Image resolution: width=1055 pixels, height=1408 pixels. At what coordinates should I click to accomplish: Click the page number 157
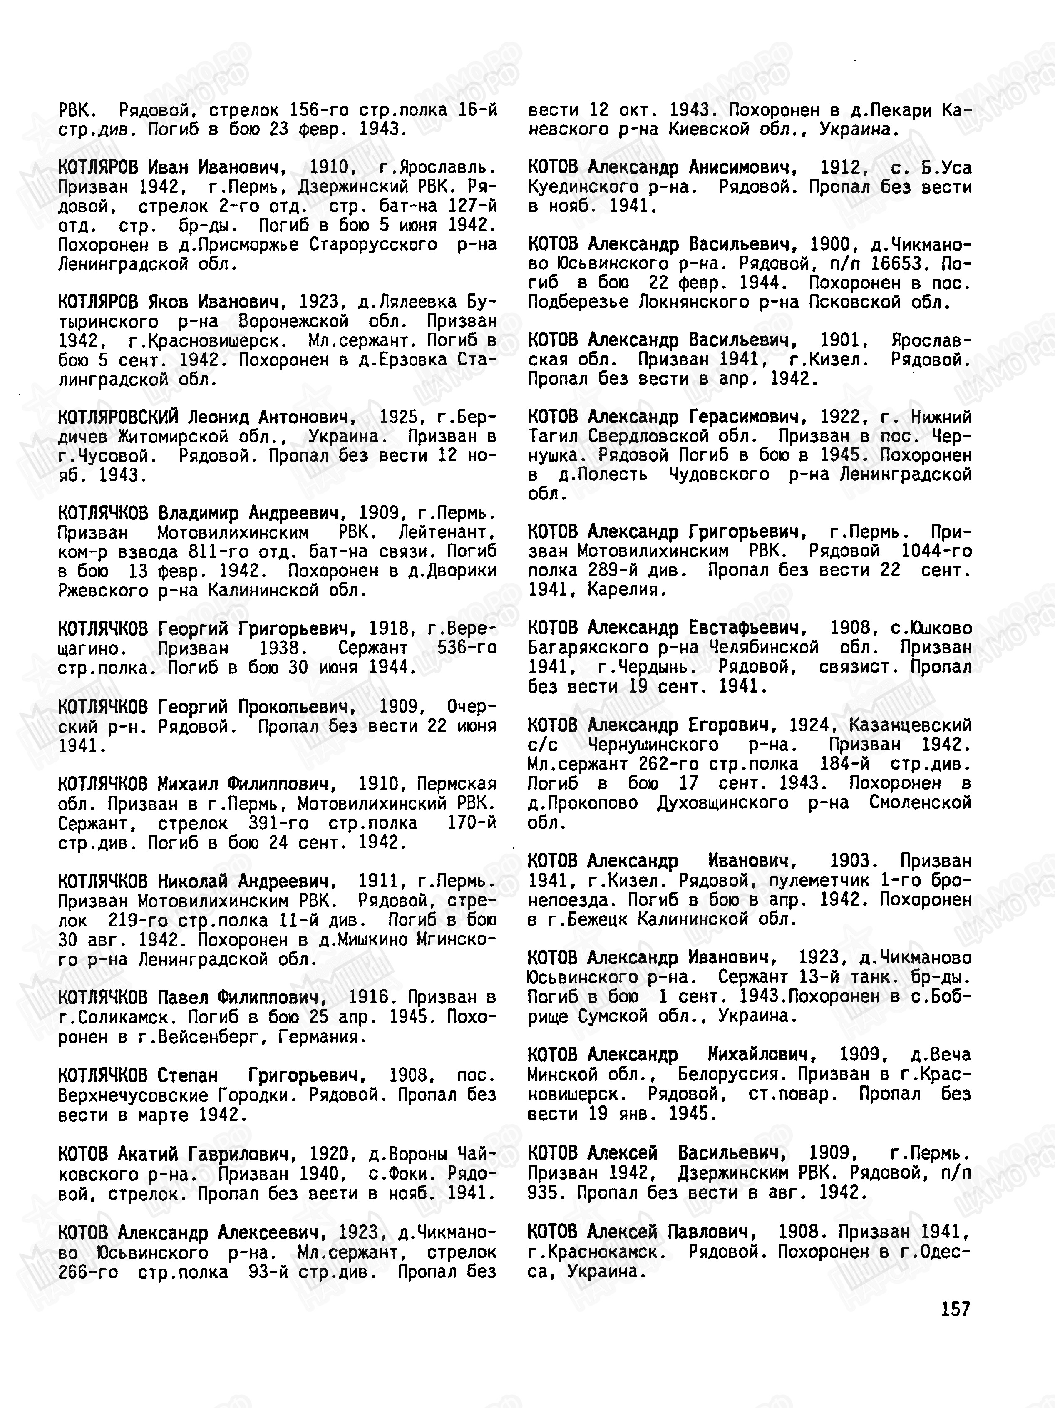coord(956,1309)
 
